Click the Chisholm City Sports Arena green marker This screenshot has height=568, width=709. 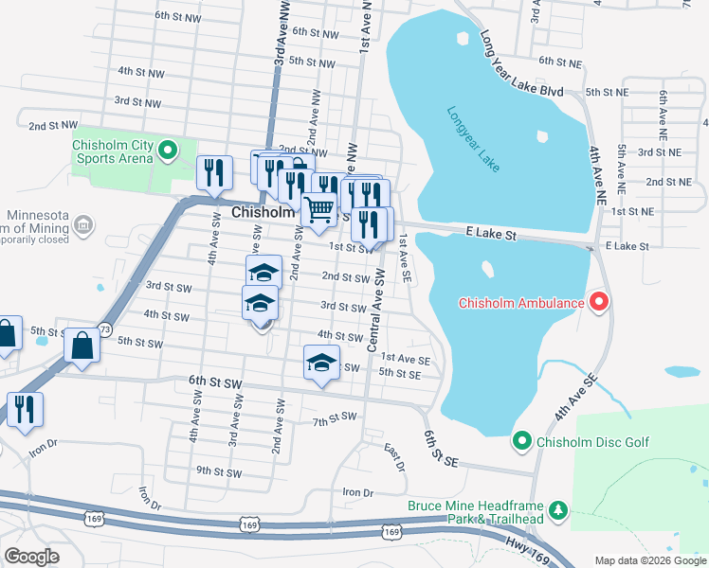[168, 149]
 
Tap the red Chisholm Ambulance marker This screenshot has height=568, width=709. [599, 303]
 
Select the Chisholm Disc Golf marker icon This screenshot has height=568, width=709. [520, 441]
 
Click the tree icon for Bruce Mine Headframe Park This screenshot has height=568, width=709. [558, 511]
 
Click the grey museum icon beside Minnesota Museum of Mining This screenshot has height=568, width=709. [83, 225]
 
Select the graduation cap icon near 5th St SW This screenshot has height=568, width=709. [322, 364]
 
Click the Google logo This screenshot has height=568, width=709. [31, 557]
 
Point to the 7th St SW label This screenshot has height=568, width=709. [334, 417]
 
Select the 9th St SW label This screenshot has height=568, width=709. [218, 470]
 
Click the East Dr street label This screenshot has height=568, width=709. [394, 457]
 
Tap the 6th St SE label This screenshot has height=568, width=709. [442, 448]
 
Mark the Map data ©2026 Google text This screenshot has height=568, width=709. [648, 559]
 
